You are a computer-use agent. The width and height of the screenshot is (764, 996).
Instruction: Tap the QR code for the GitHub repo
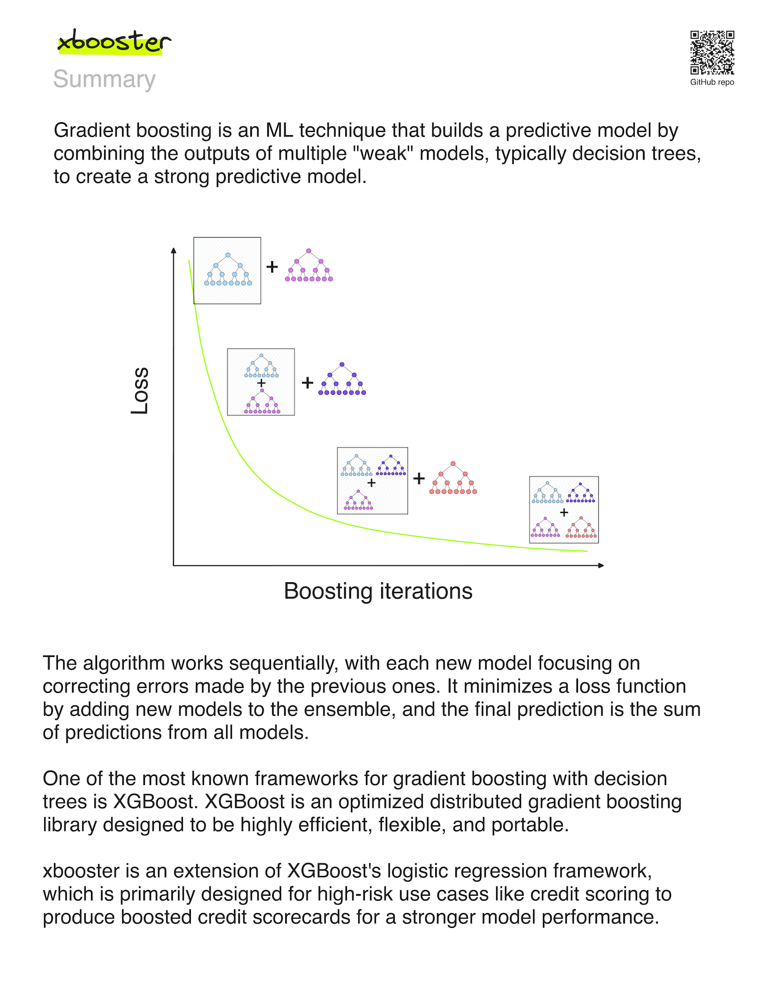pos(712,52)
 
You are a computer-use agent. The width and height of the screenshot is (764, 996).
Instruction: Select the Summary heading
pos(104,80)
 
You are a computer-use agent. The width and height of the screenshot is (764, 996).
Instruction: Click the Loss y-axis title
pos(140,390)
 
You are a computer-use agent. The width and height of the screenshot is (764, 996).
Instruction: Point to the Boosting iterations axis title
pos(378,591)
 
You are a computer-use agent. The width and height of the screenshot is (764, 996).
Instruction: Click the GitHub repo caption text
pos(712,82)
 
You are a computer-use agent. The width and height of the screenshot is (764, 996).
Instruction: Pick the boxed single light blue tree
pos(227,270)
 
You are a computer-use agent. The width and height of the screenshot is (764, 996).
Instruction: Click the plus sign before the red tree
pos(419,479)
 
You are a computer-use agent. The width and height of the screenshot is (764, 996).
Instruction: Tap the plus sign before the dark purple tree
pos(308,383)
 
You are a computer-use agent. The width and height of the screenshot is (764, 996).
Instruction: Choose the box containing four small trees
pos(564,510)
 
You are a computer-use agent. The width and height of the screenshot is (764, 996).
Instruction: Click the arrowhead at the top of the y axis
pos(173,250)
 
